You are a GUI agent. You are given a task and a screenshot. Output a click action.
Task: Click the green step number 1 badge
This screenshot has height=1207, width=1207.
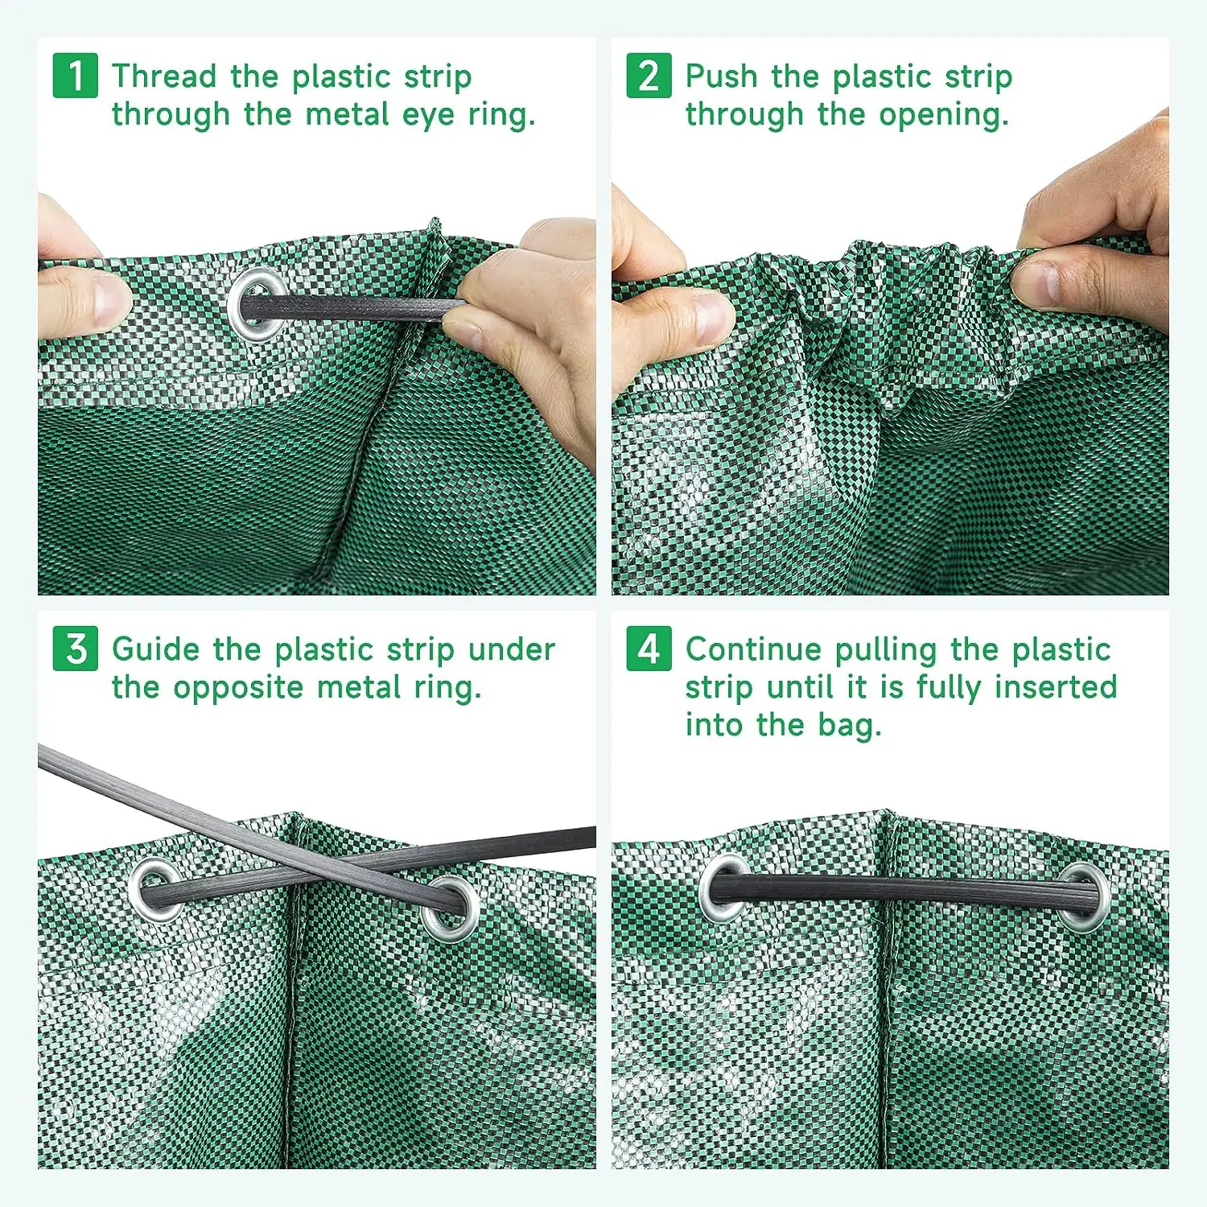click(76, 76)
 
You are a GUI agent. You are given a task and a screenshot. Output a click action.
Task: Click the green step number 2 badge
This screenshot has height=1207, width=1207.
click(649, 76)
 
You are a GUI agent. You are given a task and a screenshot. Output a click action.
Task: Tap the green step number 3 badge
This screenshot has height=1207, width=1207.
click(76, 649)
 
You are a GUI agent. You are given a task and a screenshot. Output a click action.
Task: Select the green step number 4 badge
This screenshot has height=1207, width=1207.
click(649, 649)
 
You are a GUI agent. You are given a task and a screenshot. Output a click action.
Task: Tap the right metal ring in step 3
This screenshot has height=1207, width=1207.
click(449, 908)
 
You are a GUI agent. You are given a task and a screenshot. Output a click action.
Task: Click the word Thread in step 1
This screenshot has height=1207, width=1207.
click(164, 76)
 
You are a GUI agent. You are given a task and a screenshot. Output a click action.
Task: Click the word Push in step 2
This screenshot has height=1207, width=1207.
click(721, 76)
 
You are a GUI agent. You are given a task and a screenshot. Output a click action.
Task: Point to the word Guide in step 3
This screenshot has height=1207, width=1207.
click(155, 649)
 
